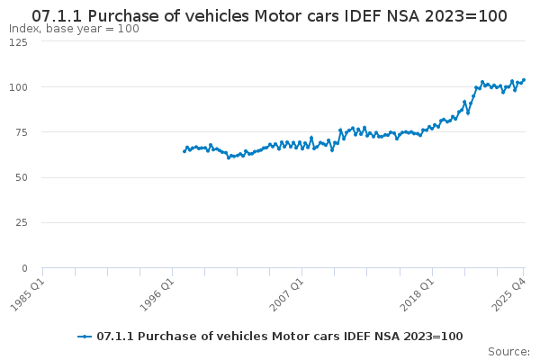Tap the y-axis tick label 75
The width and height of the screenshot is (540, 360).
click(x=22, y=132)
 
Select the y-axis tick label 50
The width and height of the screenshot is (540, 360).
click(x=22, y=177)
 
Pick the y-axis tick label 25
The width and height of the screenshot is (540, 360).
click(x=22, y=222)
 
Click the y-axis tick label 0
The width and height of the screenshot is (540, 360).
click(x=25, y=267)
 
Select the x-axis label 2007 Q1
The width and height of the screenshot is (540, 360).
click(x=288, y=292)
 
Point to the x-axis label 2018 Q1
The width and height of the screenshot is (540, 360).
click(x=418, y=292)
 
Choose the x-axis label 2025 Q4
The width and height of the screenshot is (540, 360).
click(x=509, y=292)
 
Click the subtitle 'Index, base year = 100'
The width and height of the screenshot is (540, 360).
click(x=74, y=29)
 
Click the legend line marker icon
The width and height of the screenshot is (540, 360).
click(x=85, y=337)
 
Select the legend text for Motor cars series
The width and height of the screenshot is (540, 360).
click(x=279, y=337)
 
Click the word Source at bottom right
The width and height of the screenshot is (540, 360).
click(x=508, y=351)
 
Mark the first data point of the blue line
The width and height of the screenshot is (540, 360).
click(x=184, y=151)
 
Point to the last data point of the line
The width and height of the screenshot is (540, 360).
click(x=524, y=80)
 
